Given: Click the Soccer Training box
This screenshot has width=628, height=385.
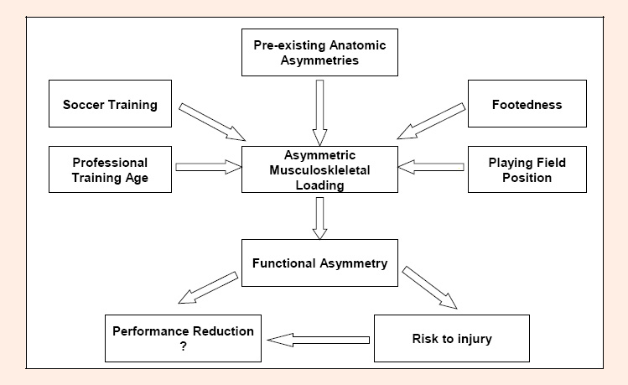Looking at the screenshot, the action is (x=110, y=104).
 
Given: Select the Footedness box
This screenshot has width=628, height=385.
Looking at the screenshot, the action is (x=527, y=104).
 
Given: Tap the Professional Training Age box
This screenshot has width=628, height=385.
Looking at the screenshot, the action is (x=110, y=169).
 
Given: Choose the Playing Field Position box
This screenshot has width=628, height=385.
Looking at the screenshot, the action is (x=527, y=169).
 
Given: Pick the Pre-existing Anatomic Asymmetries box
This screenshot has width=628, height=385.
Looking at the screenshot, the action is (x=319, y=53).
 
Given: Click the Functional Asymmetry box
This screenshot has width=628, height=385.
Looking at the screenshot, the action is (x=319, y=263).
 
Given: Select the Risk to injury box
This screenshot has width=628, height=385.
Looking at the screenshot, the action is (x=452, y=339).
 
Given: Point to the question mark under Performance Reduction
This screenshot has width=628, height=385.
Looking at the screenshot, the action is (x=183, y=346).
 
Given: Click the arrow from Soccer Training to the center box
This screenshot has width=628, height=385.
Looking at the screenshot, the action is (x=212, y=122).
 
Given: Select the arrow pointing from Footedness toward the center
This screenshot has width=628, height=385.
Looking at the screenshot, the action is (x=431, y=121).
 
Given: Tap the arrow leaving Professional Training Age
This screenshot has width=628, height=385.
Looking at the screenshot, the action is (x=208, y=167).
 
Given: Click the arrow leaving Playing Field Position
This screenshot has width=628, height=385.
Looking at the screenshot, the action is (x=431, y=167).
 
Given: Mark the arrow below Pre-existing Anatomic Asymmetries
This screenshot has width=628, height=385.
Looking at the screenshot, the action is (x=319, y=112).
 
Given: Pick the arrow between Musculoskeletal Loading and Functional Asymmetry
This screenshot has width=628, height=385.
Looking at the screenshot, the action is (x=319, y=218).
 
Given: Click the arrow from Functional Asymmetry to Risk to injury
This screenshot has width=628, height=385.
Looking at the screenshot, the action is (x=430, y=287).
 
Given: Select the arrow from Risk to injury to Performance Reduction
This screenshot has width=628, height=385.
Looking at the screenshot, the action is (x=318, y=341).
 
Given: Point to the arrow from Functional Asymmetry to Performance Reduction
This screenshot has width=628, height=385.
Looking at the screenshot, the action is (x=208, y=288).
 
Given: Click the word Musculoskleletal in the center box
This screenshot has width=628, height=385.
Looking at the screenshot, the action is (x=319, y=170).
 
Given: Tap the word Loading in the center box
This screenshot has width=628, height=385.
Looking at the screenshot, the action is (x=319, y=185).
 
